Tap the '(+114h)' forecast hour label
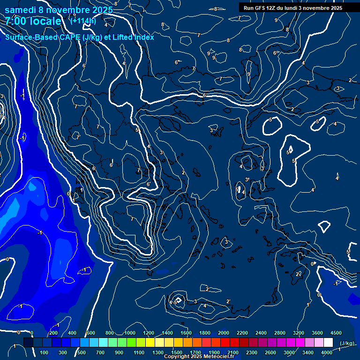(82, 21)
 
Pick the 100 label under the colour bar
(45, 352)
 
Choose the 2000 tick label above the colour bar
(223, 333)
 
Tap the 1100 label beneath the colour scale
(139, 352)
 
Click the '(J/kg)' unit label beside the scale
(346, 343)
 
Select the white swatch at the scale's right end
(328, 343)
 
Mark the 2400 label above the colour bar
(261, 333)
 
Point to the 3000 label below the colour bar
(289, 352)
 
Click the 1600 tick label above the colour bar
(186, 333)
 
